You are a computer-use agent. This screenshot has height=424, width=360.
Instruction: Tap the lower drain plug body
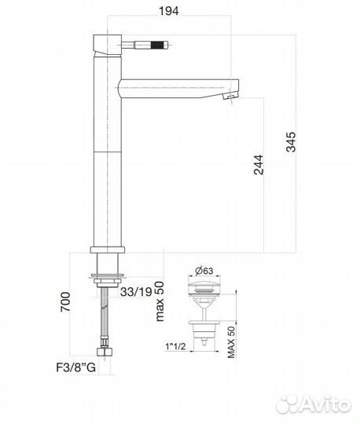click(202, 329)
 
